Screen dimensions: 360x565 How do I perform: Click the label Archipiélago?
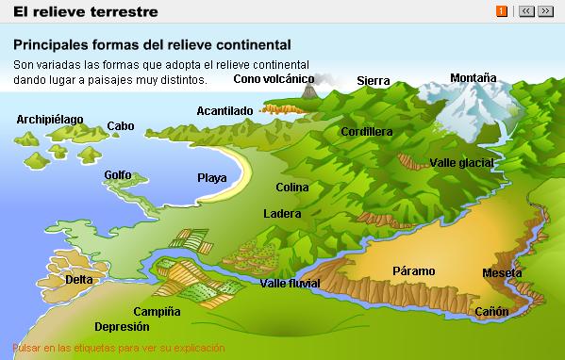click(50, 120)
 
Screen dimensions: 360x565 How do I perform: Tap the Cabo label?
click(121, 125)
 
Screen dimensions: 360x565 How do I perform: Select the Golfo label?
click(118, 175)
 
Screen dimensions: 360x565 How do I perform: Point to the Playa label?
click(212, 177)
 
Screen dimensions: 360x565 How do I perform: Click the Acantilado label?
click(224, 110)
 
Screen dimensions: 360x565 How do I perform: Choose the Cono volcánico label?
click(274, 79)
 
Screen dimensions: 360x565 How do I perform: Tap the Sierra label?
click(374, 81)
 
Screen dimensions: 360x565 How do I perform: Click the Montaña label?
click(473, 77)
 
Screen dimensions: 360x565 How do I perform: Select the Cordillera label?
click(367, 132)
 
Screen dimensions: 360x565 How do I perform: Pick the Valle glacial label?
click(462, 163)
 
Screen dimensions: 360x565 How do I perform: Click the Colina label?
click(292, 188)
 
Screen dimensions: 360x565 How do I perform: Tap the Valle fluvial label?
click(290, 284)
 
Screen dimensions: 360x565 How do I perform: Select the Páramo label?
click(413, 270)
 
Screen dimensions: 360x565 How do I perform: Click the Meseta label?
click(502, 273)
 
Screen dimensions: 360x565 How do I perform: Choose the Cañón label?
click(491, 311)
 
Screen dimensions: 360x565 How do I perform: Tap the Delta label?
click(79, 279)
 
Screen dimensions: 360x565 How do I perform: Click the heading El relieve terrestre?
click(78, 12)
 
